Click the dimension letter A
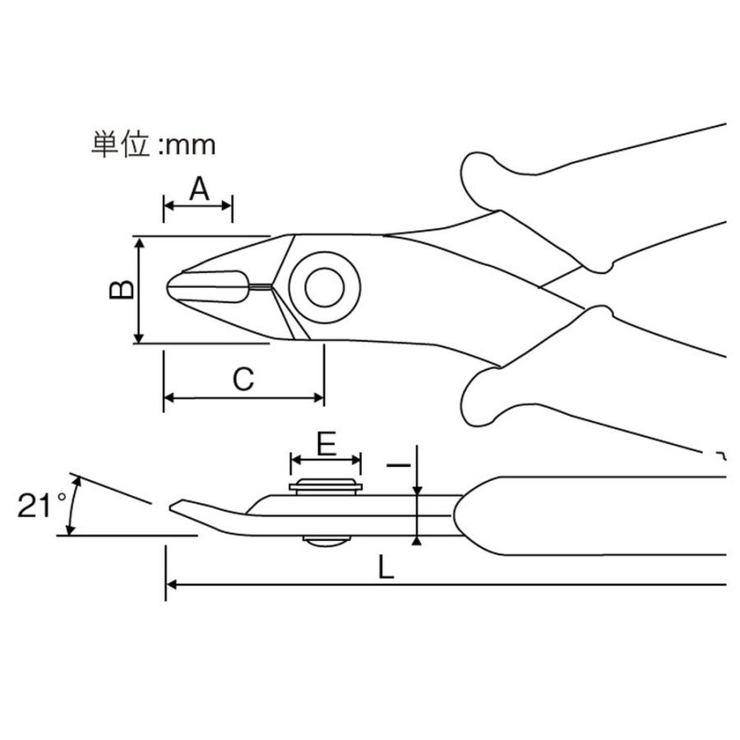198,190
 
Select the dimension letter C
242,379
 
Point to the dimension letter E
326,445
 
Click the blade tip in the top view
170,288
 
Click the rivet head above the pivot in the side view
326,486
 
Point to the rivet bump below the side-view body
325,540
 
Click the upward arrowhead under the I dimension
418,540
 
